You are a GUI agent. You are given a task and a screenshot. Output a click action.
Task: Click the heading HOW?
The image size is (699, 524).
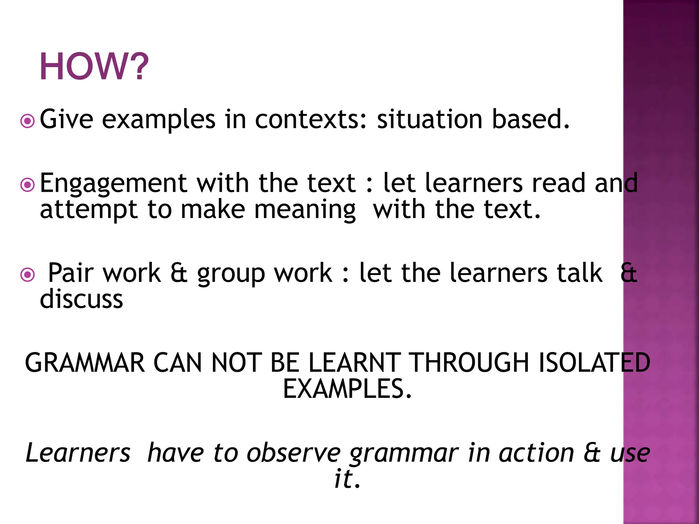(x=94, y=67)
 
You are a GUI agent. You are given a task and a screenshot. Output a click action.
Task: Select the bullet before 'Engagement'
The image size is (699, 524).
(x=27, y=185)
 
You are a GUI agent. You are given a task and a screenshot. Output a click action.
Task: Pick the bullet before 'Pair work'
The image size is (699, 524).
(x=27, y=275)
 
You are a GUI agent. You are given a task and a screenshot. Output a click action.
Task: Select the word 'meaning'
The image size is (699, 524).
(x=305, y=210)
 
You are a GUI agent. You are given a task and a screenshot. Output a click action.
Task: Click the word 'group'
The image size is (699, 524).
(x=231, y=274)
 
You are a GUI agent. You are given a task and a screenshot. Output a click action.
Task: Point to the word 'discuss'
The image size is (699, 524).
(x=81, y=299)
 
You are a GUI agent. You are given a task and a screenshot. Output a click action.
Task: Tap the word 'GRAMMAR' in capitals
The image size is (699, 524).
(x=85, y=363)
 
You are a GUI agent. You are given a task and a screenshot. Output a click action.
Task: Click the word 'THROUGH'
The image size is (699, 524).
(x=470, y=363)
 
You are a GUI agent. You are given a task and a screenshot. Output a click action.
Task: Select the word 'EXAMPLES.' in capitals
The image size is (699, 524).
(x=347, y=389)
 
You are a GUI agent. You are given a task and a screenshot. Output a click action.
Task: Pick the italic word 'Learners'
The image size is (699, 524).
(x=78, y=453)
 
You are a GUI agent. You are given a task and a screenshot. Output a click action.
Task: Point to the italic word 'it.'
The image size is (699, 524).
(x=347, y=479)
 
